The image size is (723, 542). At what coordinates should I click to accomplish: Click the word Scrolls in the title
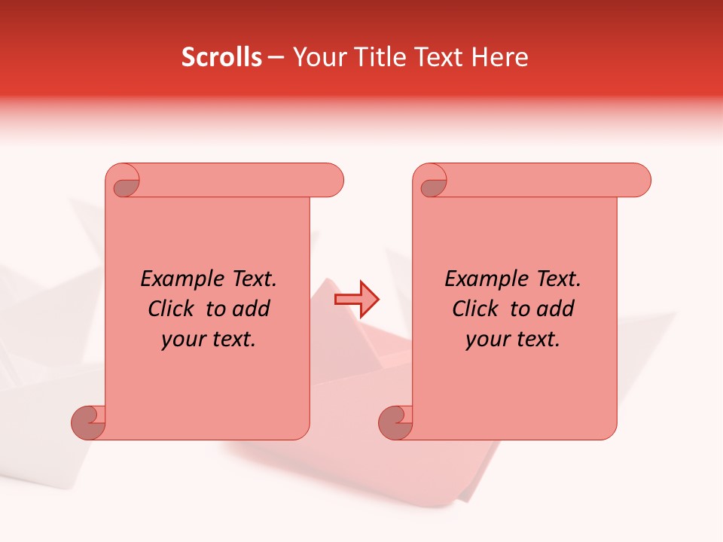tap(221, 57)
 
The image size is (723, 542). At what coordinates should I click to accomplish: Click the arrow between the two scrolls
tap(357, 300)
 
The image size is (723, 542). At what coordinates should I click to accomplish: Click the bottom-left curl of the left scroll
tap(89, 422)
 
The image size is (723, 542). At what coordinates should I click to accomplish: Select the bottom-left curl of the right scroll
tap(395, 422)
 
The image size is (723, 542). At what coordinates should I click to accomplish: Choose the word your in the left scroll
tap(182, 340)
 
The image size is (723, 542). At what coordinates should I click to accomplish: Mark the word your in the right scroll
tap(486, 340)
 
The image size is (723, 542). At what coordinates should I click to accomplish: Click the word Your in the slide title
tap(317, 57)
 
